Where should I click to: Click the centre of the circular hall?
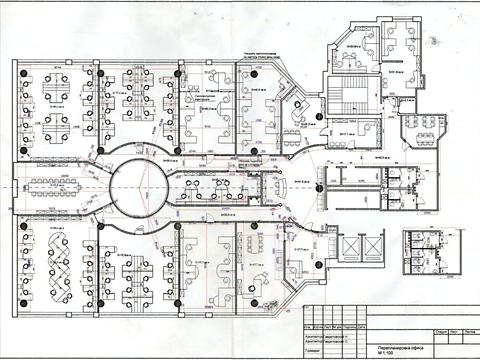(x=130, y=187)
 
